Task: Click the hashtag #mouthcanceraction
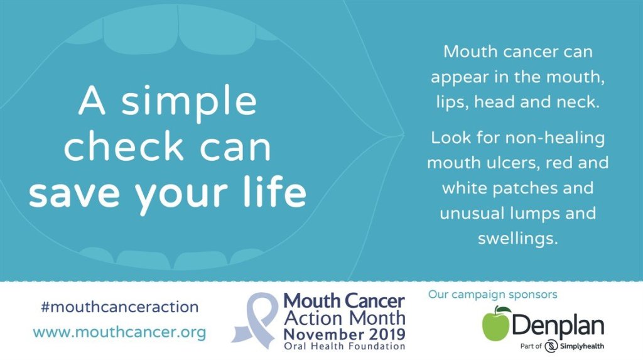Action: (120, 307)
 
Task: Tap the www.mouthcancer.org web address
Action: (119, 332)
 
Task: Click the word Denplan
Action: (558, 326)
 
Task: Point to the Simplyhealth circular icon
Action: (551, 346)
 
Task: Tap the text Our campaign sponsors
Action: (492, 294)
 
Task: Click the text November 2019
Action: (345, 334)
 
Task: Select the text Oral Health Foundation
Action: (345, 346)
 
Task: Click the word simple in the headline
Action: (189, 102)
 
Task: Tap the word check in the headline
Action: (124, 146)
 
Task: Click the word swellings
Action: (518, 239)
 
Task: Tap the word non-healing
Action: (555, 138)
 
